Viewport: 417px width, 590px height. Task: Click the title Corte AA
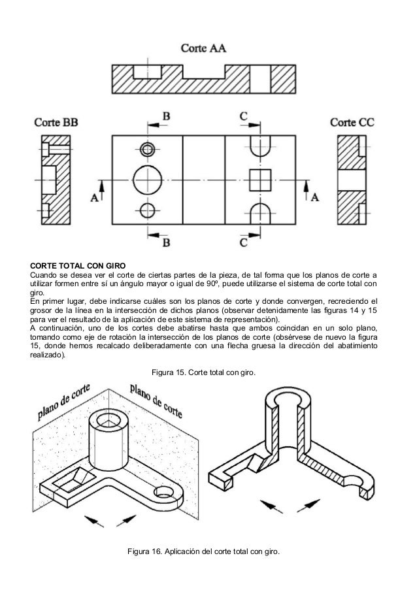(x=204, y=48)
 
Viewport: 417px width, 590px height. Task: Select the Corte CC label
(x=352, y=122)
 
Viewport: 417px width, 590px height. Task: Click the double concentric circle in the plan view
(x=148, y=148)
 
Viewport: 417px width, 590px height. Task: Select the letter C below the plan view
(x=243, y=242)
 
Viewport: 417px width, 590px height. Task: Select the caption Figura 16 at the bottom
(x=203, y=554)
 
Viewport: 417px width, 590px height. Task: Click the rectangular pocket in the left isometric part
(x=72, y=481)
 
